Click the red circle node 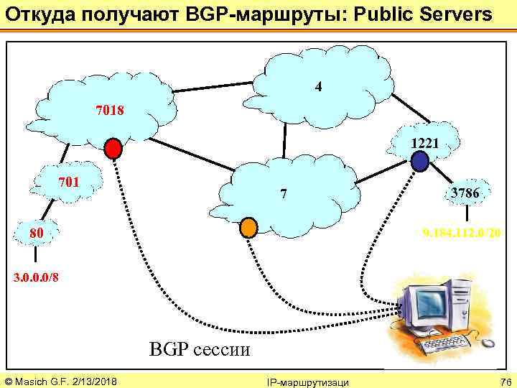113,148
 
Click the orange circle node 248,226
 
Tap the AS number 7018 110,111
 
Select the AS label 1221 425,143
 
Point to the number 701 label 68,182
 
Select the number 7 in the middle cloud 284,194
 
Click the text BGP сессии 200,350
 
